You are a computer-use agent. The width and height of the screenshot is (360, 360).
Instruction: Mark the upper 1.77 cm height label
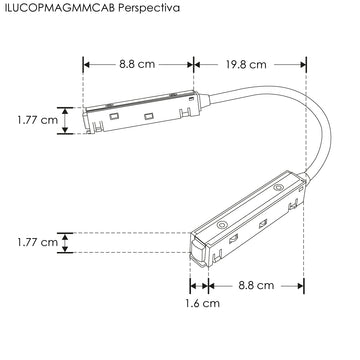pos(37,120)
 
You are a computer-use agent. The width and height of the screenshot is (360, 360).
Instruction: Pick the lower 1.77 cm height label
pos(37,242)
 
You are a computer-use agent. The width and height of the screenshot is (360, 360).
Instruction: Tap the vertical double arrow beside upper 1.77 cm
pos(65,120)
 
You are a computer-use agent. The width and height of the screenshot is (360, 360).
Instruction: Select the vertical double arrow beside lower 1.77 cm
pos(65,243)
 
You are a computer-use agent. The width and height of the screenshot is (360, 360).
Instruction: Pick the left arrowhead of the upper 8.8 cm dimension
pos(87,64)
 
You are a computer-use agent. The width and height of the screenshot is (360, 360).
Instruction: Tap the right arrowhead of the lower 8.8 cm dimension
pos(303,285)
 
